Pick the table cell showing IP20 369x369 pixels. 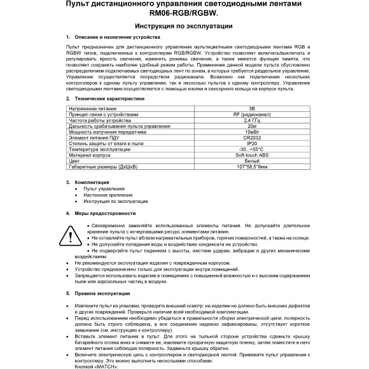click(x=253, y=143)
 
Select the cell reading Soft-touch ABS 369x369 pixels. click(x=253, y=155)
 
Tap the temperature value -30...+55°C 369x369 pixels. click(x=253, y=149)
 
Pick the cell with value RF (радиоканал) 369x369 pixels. click(x=253, y=115)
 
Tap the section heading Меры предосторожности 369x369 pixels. click(x=105, y=213)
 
